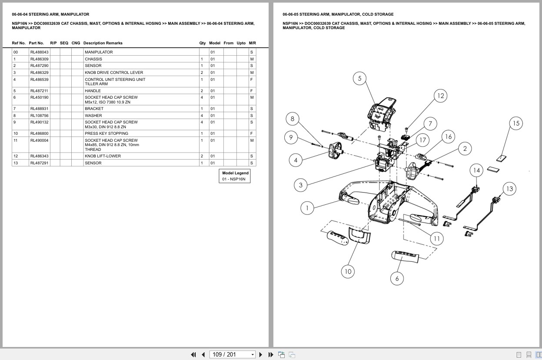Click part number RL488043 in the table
[x=39, y=52]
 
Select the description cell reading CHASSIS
[x=93, y=59]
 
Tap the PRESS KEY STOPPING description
[x=106, y=133]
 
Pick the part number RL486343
[x=39, y=156]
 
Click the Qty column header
[x=203, y=43]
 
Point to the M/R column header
[x=253, y=43]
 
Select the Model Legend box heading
[x=235, y=173]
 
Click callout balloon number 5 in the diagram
[x=359, y=79]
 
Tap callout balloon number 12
[x=441, y=96]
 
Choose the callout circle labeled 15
[x=516, y=123]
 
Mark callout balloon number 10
[x=348, y=272]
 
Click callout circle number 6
[x=397, y=278]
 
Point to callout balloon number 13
[x=509, y=189]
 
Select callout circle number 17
[x=422, y=140]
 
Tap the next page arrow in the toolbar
[x=261, y=354]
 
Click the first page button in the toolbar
[x=193, y=354]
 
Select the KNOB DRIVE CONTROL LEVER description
[x=113, y=73]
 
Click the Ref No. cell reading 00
[x=16, y=52]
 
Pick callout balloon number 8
[x=293, y=119]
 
